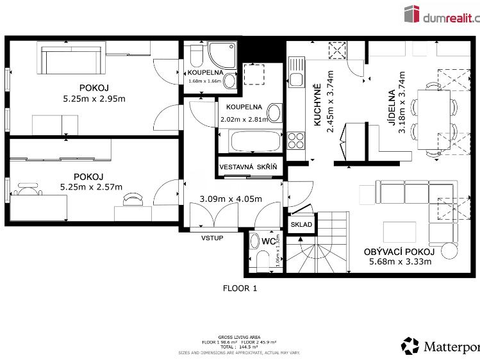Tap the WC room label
coord(268,241)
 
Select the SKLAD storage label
coord(301,225)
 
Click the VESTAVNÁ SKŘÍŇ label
coord(248,167)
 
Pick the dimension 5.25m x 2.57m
coord(90,187)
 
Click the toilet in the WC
coord(261,260)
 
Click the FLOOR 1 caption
coord(240,288)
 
